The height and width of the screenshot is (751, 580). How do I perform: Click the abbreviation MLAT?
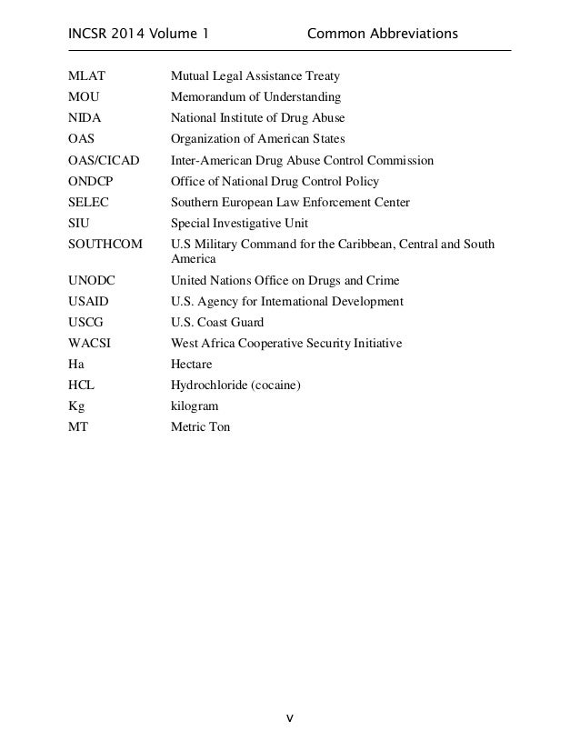click(x=87, y=75)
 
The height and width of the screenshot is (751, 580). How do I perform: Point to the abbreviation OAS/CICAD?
click(x=104, y=161)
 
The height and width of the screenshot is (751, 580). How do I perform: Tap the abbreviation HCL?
click(x=82, y=386)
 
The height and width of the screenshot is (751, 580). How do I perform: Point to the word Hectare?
click(x=193, y=365)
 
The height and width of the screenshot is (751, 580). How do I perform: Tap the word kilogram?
click(x=195, y=406)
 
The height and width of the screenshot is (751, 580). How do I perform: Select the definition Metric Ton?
click(x=201, y=426)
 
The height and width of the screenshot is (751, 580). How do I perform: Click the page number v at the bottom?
click(x=290, y=718)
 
